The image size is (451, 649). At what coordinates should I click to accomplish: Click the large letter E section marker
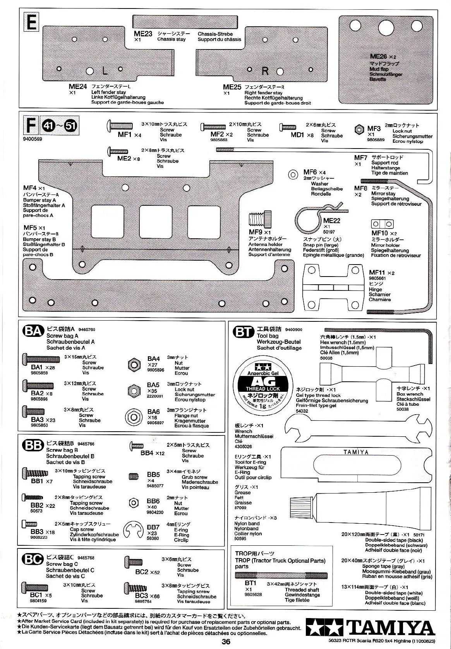(31, 22)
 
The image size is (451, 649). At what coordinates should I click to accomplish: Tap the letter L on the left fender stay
(105, 70)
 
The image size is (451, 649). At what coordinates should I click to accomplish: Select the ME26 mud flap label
(378, 56)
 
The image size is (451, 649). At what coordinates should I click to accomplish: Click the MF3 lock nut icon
(360, 130)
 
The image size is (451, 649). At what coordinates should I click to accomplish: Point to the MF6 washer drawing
(293, 174)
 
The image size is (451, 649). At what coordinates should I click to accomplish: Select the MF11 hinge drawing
(333, 287)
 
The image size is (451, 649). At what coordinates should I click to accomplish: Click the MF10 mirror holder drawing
(382, 224)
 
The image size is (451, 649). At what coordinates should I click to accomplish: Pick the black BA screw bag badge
(33, 331)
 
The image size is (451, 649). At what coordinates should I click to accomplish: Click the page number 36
(226, 642)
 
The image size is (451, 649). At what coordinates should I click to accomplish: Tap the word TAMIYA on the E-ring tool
(356, 452)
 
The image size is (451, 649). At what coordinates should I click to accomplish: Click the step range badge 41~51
(60, 126)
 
